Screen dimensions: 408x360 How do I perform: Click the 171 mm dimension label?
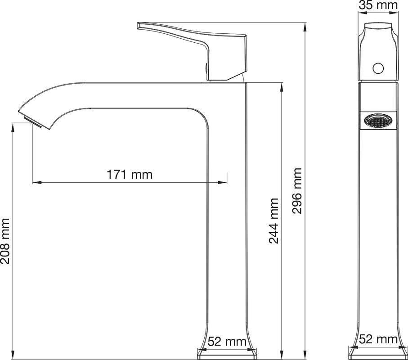click(x=129, y=175)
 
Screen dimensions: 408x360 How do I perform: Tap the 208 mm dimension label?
click(x=5, y=241)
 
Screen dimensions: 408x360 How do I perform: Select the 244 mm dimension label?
click(x=273, y=221)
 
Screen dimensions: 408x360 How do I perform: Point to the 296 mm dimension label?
click(x=296, y=191)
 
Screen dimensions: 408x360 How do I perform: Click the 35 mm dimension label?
click(x=378, y=5)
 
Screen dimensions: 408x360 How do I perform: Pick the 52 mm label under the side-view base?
click(x=378, y=339)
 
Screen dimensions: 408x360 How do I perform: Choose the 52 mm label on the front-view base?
click(x=227, y=342)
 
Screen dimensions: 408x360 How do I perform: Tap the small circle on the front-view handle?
click(x=378, y=68)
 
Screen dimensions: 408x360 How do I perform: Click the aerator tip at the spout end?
click(x=33, y=122)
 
